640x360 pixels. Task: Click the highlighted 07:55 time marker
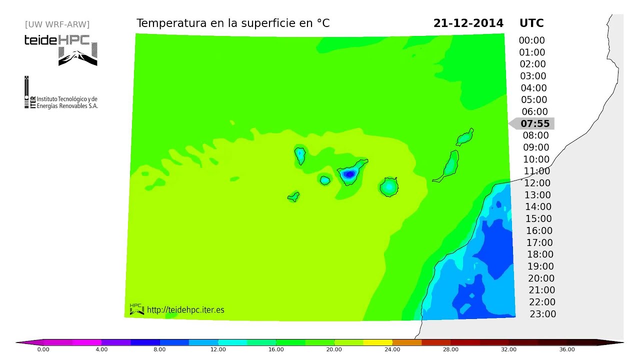pos(534,123)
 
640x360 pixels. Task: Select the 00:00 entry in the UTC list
pos(531,40)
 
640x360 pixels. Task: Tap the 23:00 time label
pos(542,314)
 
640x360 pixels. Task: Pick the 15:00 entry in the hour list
pos(538,218)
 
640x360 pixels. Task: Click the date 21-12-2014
pos(468,23)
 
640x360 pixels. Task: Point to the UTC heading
pos(531,23)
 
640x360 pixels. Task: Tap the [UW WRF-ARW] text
pos(57,24)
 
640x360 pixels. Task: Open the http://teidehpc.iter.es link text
pos(185,310)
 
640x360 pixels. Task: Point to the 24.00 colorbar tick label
pos(392,349)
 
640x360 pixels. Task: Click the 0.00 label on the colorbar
pos(43,349)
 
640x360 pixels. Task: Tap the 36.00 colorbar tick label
pos(567,349)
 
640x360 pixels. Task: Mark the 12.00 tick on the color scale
pos(218,349)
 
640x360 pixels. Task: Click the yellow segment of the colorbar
pos(377,342)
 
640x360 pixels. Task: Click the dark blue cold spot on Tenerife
pos(348,174)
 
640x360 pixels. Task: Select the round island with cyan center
pos(388,187)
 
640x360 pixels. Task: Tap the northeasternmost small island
pos(465,136)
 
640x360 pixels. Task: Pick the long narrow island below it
pos(448,166)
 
